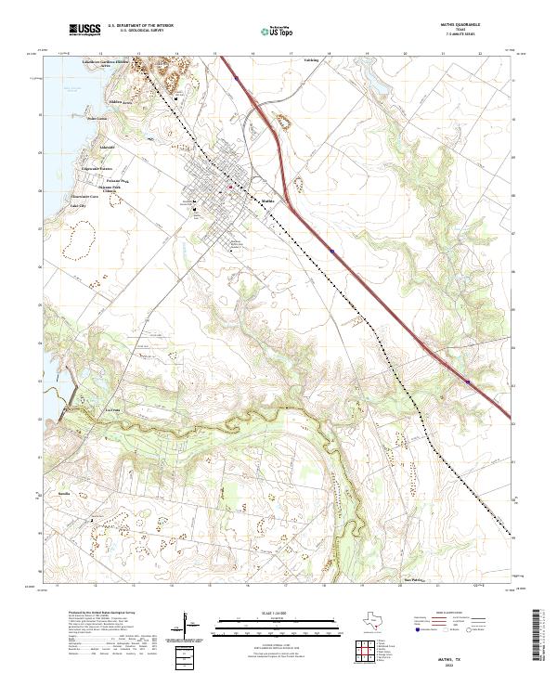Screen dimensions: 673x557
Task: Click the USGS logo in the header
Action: [84, 30]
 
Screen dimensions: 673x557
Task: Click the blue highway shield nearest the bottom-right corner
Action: [468, 381]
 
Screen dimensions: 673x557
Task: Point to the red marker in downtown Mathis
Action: [231, 188]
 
